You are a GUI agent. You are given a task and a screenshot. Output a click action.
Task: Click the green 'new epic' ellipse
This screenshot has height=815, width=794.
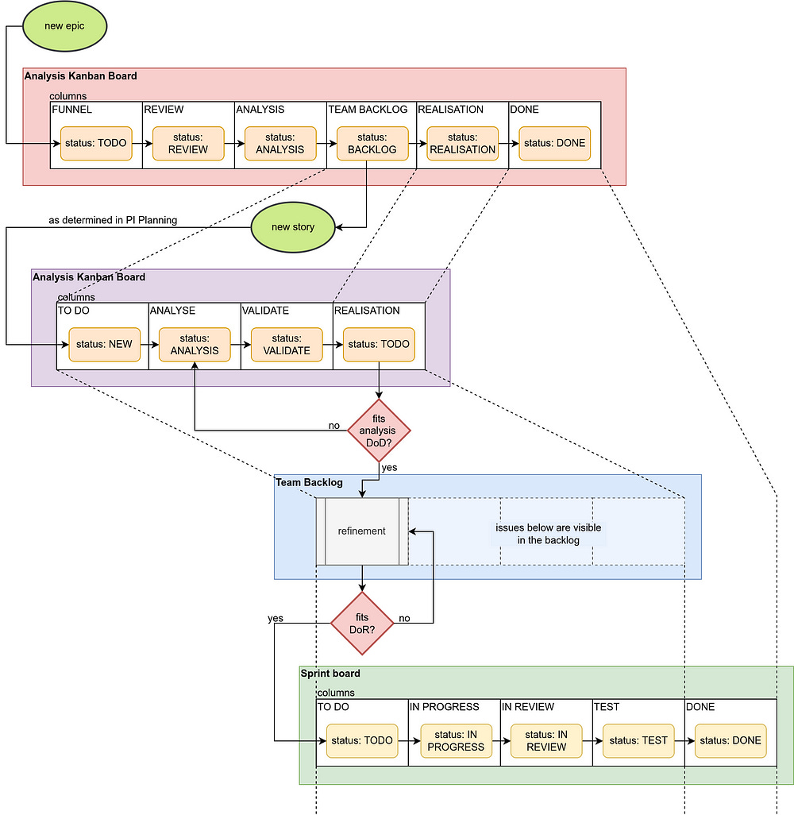tap(65, 26)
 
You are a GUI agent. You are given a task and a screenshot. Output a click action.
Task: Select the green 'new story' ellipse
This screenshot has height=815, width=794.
tap(293, 227)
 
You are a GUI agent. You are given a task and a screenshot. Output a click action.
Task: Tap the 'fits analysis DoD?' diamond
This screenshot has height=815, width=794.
tap(379, 431)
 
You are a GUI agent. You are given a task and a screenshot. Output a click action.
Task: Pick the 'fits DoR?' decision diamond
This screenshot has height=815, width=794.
tap(362, 624)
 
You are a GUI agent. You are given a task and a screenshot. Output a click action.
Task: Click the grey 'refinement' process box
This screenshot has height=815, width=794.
tap(362, 531)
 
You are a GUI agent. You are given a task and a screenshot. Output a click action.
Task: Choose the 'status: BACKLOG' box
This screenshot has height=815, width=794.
tap(372, 144)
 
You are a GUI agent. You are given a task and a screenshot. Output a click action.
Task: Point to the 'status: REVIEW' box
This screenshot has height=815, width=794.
tap(188, 144)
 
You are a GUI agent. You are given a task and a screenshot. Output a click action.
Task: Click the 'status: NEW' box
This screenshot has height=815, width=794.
tap(105, 344)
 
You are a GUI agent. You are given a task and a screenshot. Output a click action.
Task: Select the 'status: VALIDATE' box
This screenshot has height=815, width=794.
tap(287, 344)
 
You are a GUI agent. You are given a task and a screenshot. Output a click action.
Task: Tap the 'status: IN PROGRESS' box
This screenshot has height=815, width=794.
tap(457, 740)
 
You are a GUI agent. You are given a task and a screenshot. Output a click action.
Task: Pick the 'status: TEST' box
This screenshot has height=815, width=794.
tap(638, 740)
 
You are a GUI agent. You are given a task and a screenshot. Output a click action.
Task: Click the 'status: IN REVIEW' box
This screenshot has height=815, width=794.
tap(546, 740)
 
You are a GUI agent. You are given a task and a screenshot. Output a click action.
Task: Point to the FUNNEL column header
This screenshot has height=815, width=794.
tap(71, 109)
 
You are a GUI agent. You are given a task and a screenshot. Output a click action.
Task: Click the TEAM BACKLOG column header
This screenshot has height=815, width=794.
tap(368, 109)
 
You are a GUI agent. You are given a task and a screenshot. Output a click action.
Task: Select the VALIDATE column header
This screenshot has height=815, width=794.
tap(265, 311)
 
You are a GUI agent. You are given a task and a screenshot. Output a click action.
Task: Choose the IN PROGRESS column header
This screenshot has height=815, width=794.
tap(445, 707)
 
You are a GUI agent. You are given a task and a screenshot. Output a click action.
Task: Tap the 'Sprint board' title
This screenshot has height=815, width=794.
tap(330, 674)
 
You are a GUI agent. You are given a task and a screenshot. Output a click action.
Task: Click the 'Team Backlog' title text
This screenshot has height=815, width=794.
tap(309, 482)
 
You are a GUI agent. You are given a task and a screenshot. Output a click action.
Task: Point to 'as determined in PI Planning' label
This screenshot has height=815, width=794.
tap(113, 220)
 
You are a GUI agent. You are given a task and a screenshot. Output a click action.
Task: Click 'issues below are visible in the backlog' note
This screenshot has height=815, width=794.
tap(548, 534)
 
